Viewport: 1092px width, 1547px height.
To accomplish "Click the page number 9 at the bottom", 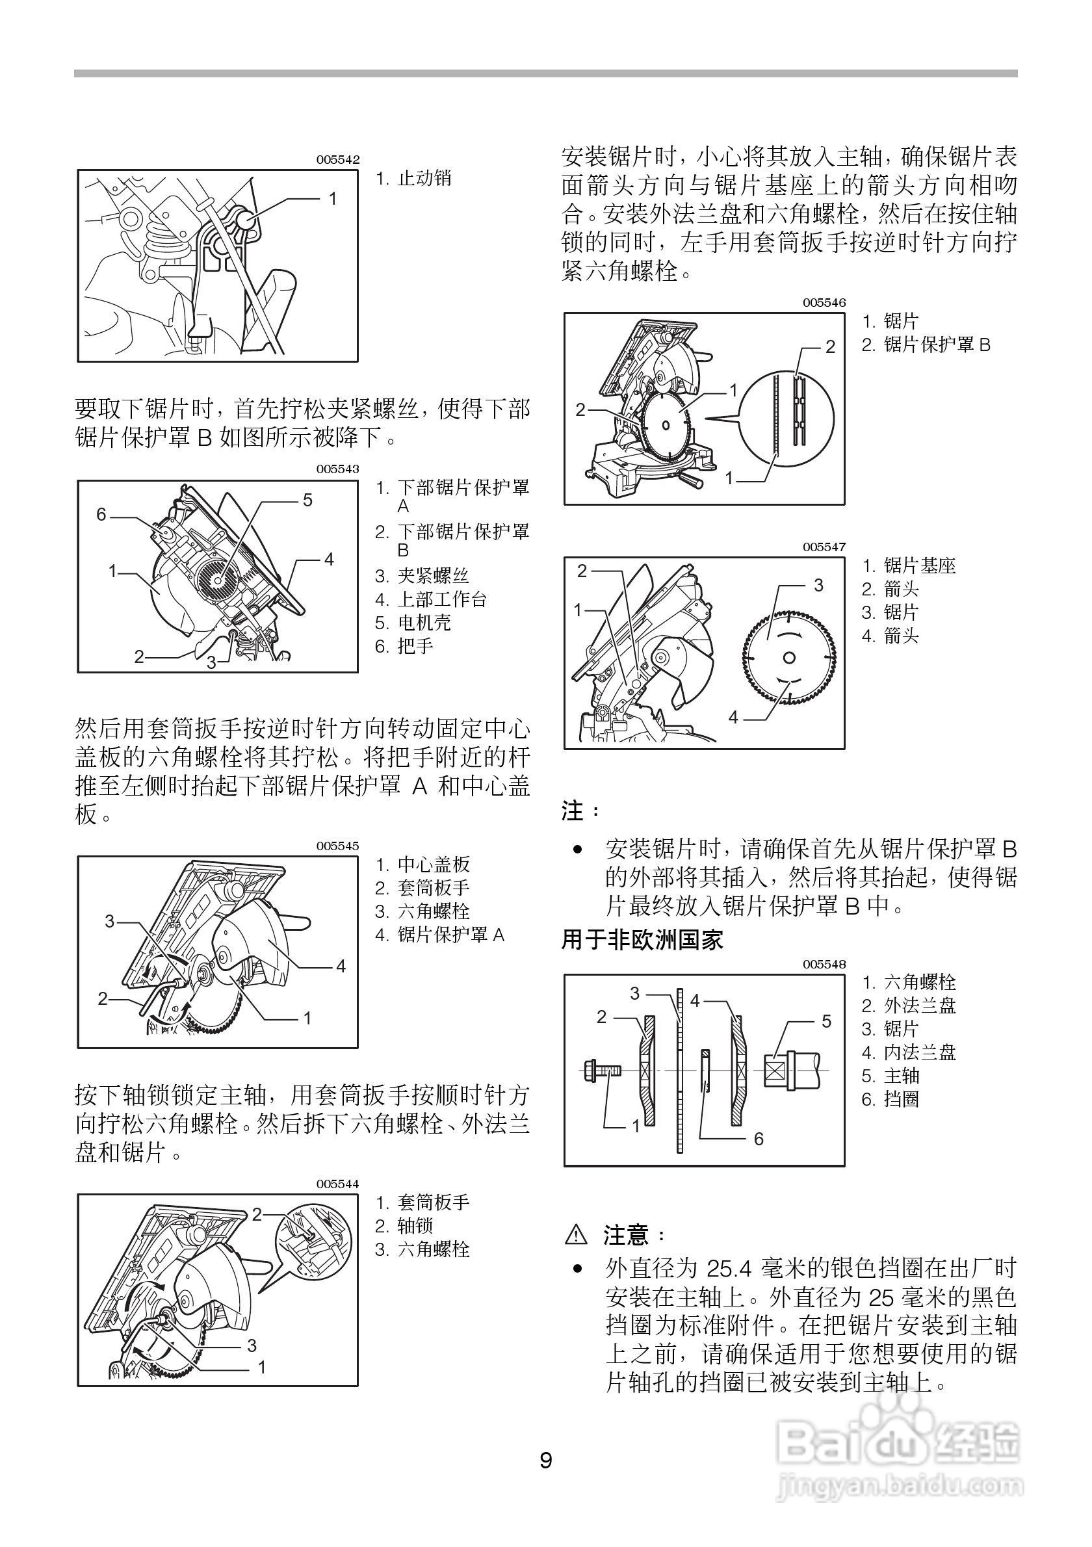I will click(545, 1461).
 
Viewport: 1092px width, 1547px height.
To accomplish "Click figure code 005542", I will click(338, 160).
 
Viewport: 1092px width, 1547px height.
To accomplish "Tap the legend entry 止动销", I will click(424, 179).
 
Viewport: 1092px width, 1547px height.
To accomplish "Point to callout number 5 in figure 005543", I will click(307, 500).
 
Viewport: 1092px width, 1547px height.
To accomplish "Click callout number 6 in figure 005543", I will click(101, 515).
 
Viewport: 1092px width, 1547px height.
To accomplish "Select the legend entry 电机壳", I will click(424, 623).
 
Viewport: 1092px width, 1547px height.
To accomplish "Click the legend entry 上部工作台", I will click(442, 599).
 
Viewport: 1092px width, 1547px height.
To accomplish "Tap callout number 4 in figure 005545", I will click(340, 966).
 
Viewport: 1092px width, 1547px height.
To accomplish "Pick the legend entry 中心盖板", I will click(433, 864).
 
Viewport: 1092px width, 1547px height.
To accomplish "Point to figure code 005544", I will click(338, 1184).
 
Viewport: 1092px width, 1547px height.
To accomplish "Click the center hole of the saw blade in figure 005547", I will click(790, 658).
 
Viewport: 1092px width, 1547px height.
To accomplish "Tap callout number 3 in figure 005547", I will click(818, 585).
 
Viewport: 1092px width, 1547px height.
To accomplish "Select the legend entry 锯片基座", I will click(920, 566).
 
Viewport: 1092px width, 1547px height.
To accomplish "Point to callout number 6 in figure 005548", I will click(759, 1139).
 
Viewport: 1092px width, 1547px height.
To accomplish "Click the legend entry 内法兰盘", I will click(920, 1052).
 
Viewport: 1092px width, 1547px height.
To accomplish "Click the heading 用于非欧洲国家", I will click(642, 940).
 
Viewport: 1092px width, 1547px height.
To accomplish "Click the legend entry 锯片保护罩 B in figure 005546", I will click(937, 345).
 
